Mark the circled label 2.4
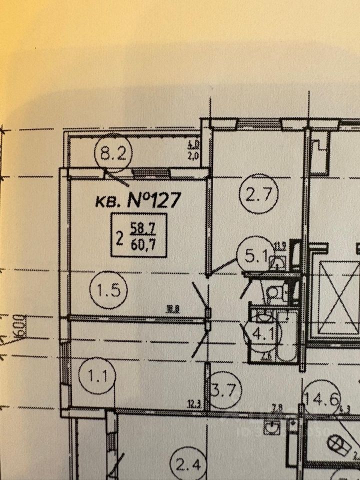187,467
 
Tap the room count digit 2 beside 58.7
120,237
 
